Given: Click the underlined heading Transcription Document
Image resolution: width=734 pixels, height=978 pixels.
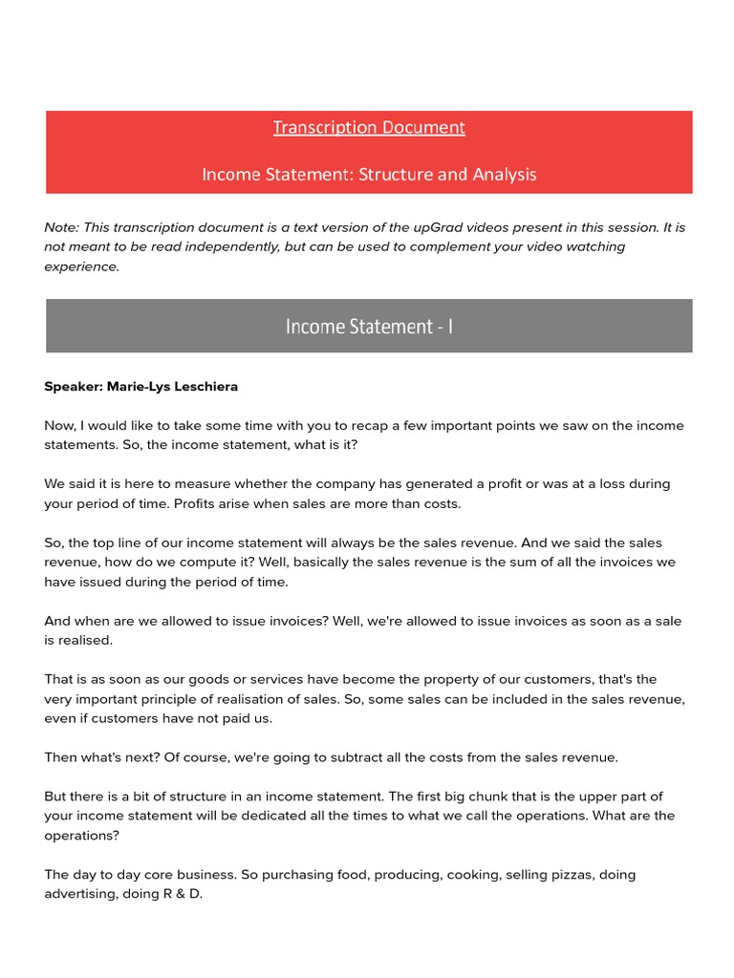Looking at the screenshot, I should point(369,127).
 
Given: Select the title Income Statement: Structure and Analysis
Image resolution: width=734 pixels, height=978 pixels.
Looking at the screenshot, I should point(369,175).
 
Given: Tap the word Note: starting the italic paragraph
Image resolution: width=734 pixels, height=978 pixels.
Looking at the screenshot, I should point(61,227).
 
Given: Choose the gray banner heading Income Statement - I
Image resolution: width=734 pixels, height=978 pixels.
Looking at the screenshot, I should point(369,327).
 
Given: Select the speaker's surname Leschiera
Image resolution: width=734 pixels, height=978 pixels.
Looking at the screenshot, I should point(203,387).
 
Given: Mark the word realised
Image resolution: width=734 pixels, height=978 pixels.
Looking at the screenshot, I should point(85,640).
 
